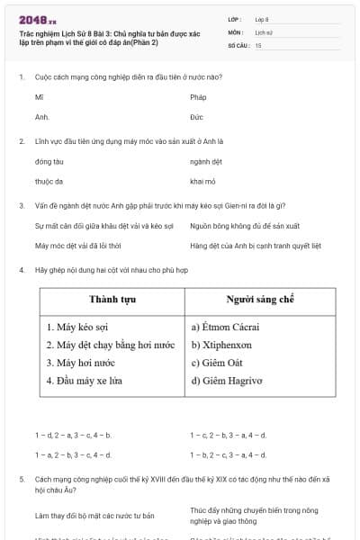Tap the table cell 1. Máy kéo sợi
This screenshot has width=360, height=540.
[x=77, y=327]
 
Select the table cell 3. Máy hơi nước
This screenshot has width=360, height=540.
[x=80, y=363]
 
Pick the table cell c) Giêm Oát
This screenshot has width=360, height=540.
[x=217, y=363]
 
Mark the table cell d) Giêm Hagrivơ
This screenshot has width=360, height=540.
[x=227, y=380]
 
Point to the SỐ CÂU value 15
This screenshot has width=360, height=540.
[x=258, y=44]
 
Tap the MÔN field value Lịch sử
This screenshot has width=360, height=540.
[x=263, y=31]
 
